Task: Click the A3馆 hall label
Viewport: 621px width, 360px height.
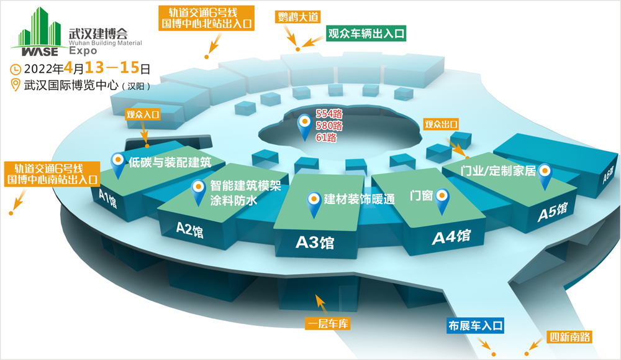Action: [x=315, y=242]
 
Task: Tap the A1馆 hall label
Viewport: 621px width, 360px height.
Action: [x=107, y=198]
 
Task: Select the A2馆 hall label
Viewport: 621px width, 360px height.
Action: [x=189, y=229]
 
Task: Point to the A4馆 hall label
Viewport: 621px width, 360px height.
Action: [x=451, y=237]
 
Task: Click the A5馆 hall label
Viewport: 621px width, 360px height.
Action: [x=553, y=212]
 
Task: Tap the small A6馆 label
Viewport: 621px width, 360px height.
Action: [x=608, y=175]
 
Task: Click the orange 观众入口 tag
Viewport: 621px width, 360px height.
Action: [x=143, y=114]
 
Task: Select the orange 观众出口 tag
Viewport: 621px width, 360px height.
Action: [x=441, y=124]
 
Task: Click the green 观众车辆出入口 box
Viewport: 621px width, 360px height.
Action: [x=366, y=34]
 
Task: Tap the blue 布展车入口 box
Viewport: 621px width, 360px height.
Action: [x=475, y=326]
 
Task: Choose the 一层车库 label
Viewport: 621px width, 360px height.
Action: [x=327, y=324]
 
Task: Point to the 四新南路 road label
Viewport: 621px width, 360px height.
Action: [x=569, y=337]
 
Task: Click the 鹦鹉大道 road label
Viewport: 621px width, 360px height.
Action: [x=298, y=17]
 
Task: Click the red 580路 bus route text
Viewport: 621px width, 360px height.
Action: [x=329, y=126]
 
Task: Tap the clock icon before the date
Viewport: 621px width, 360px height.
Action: [x=15, y=70]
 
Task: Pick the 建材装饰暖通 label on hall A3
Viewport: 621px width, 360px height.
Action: [x=359, y=199]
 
